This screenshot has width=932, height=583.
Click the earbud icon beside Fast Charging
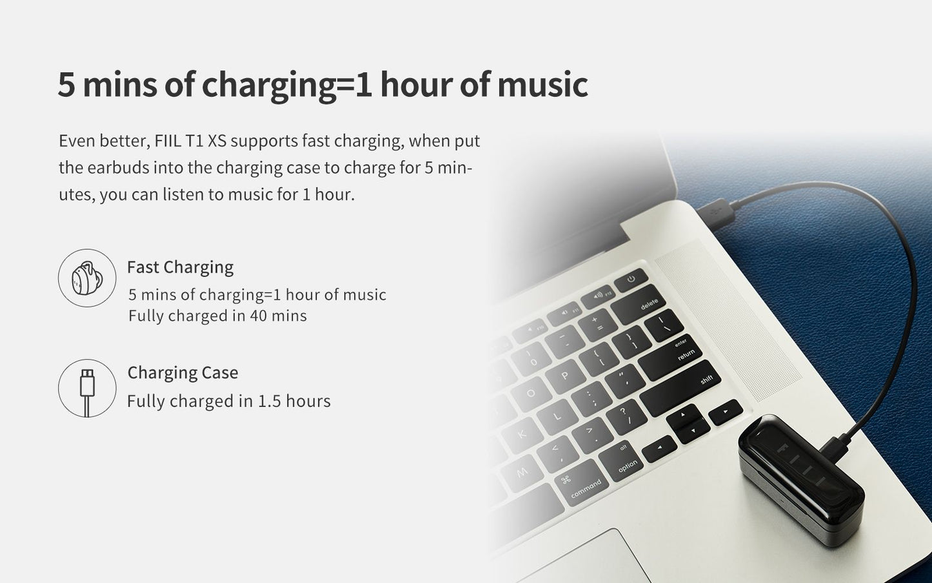coord(87,278)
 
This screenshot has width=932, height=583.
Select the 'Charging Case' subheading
coord(183,373)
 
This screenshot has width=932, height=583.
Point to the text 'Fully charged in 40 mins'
coord(217,316)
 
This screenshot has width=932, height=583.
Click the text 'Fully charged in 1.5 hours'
coord(229,402)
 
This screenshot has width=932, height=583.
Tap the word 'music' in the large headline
coord(542,85)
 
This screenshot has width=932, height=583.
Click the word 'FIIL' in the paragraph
coord(168,141)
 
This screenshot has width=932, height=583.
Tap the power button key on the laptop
coord(631,280)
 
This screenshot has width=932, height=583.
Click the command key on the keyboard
coord(582,483)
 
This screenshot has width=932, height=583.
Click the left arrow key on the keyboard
coord(659,449)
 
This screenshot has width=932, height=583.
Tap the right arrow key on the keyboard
coord(726,412)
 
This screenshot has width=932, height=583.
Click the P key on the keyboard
coord(565,376)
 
